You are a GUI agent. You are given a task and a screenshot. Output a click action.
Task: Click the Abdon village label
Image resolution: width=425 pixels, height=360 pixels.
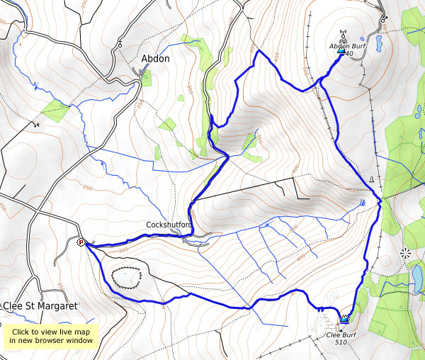pyautogui.click(x=155, y=59)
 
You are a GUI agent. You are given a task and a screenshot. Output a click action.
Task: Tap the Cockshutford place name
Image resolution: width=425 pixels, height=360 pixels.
pyautogui.click(x=169, y=225)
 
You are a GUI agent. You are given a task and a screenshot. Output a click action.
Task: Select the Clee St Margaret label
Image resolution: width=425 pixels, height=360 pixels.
pyautogui.click(x=40, y=306)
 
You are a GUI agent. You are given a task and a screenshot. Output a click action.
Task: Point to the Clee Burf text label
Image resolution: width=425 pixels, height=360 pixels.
pyautogui.click(x=343, y=334)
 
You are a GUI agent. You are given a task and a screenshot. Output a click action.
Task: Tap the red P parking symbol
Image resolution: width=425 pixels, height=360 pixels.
pyautogui.click(x=81, y=242)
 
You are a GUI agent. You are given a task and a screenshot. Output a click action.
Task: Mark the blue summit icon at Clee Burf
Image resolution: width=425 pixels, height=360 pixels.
pyautogui.click(x=345, y=318)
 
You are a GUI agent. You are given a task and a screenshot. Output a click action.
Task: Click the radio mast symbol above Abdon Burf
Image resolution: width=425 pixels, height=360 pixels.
pyautogui.click(x=341, y=34)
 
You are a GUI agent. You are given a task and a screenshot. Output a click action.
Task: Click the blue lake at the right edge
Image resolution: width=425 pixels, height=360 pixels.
pyautogui.click(x=417, y=274)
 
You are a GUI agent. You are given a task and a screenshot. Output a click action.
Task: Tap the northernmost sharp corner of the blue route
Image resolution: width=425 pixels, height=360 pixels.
pyautogui.click(x=258, y=51)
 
